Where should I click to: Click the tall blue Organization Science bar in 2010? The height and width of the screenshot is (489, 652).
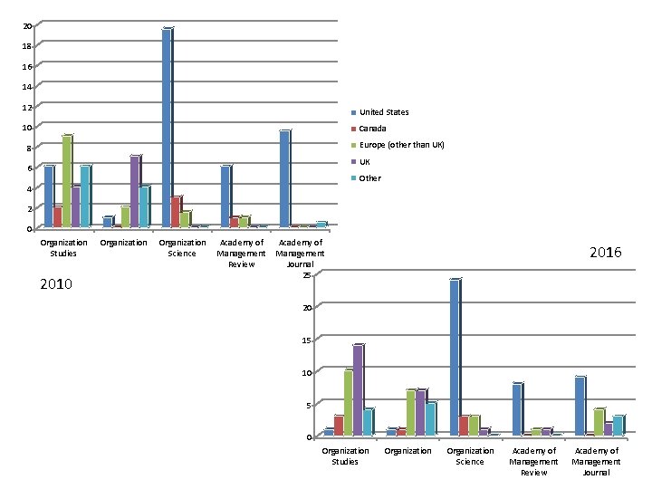pyautogui.click(x=168, y=128)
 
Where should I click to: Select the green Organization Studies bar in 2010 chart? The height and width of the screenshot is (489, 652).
pyautogui.click(x=67, y=181)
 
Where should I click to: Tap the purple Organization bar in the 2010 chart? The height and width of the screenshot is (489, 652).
pyautogui.click(x=136, y=191)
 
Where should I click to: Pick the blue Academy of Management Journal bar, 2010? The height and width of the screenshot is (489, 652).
pyautogui.click(x=285, y=178)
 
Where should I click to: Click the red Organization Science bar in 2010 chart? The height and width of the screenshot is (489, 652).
pyautogui.click(x=177, y=212)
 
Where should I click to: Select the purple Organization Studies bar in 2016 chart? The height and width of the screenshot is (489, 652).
pyautogui.click(x=359, y=390)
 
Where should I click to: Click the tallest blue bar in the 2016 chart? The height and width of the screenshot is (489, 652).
pyautogui.click(x=455, y=358)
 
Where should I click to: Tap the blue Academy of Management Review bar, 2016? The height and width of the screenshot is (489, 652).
pyautogui.click(x=518, y=409)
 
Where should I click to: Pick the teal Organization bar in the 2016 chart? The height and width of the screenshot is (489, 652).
pyautogui.click(x=431, y=419)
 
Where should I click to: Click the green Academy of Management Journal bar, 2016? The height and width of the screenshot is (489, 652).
pyautogui.click(x=599, y=423)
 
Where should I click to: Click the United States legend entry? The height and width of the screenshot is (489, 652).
pyautogui.click(x=380, y=112)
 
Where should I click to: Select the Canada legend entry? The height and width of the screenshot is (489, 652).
pyautogui.click(x=369, y=129)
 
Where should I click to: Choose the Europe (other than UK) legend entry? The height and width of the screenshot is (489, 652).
pyautogui.click(x=398, y=145)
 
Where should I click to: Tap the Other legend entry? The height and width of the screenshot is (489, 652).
pyautogui.click(x=367, y=178)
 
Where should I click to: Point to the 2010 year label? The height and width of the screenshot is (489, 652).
pyautogui.click(x=56, y=284)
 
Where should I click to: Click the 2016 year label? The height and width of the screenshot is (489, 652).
pyautogui.click(x=606, y=253)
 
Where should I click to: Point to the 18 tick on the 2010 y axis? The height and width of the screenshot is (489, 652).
pyautogui.click(x=27, y=46)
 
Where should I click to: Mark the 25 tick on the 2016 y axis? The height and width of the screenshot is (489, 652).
pyautogui.click(x=307, y=275)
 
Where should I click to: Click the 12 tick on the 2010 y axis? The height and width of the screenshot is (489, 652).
pyautogui.click(x=27, y=107)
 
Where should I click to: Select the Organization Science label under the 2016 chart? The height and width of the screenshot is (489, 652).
pyautogui.click(x=470, y=456)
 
